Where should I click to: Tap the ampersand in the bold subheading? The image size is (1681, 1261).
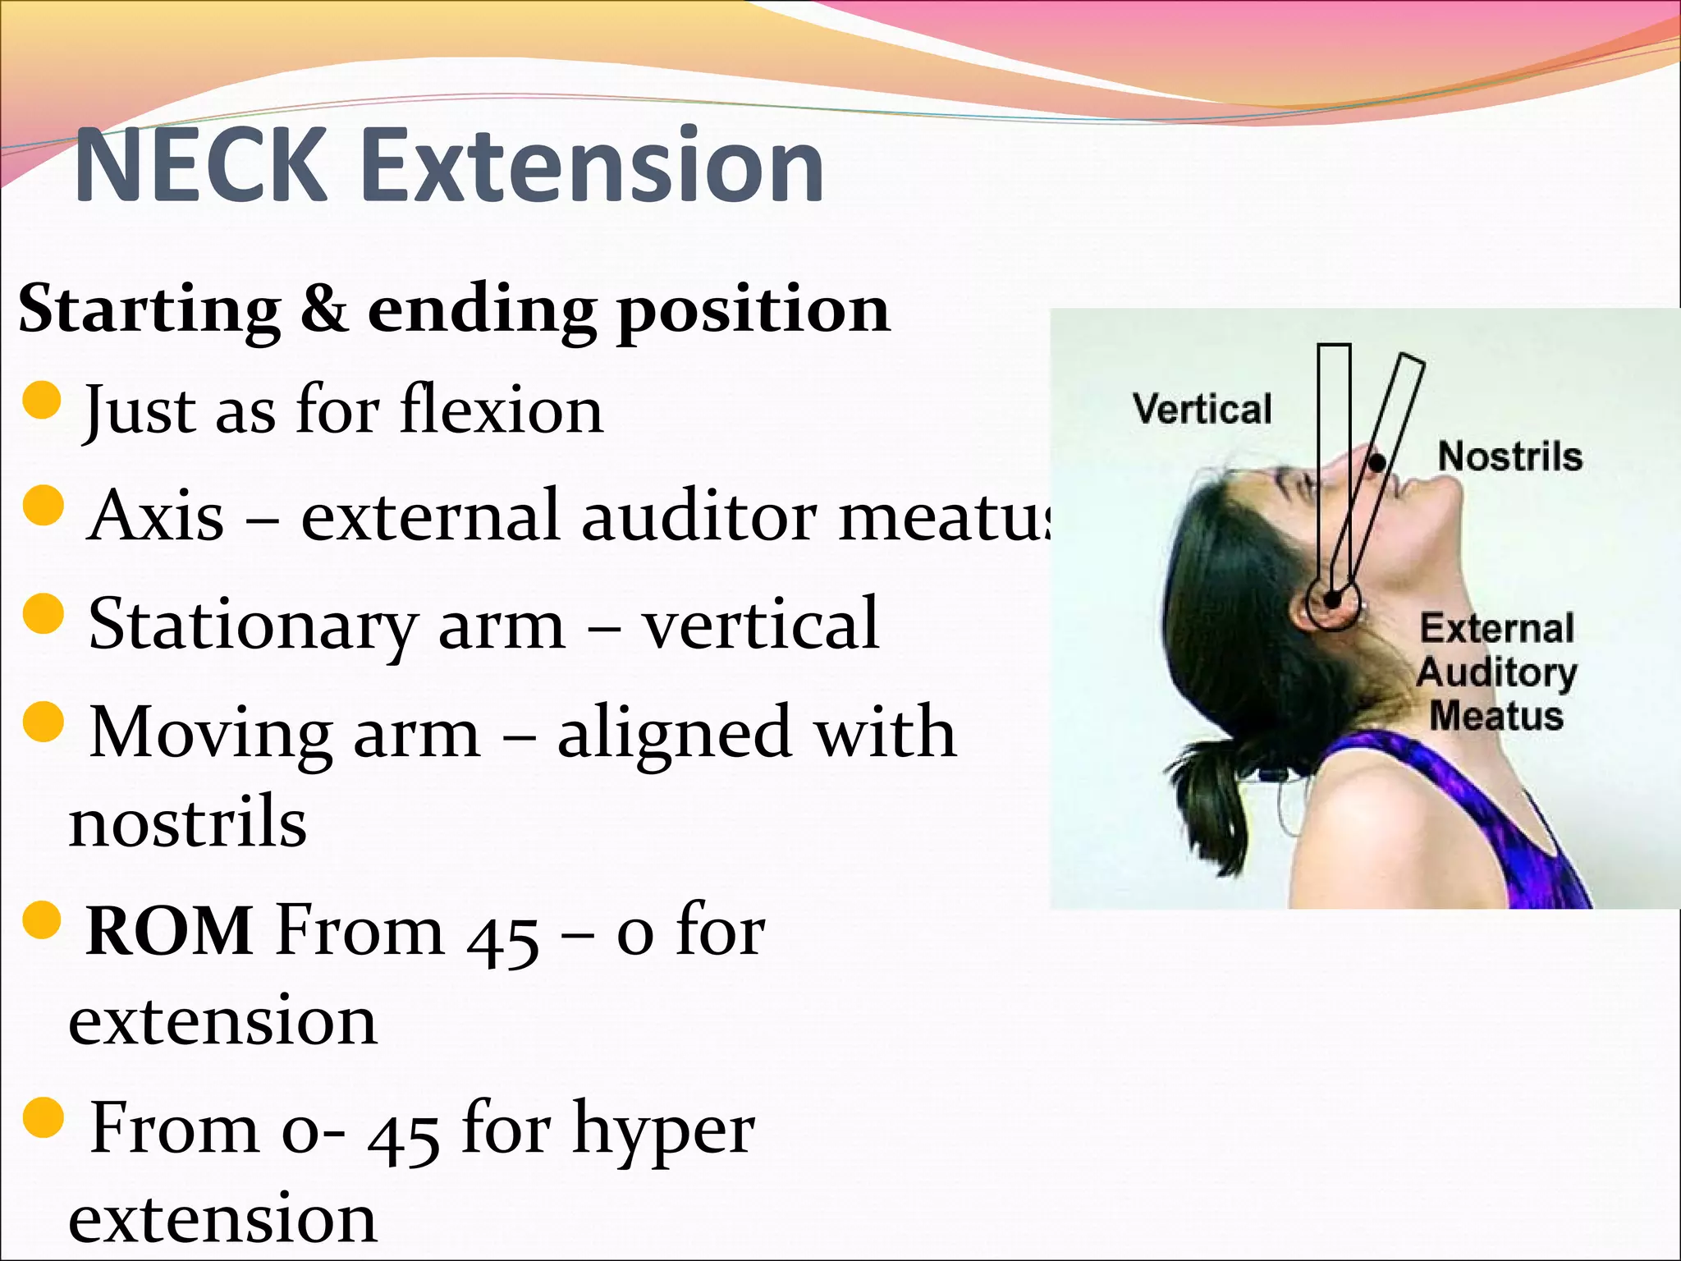click(x=323, y=310)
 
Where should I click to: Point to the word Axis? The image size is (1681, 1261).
click(x=155, y=516)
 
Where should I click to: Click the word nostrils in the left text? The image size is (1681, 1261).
click(x=188, y=823)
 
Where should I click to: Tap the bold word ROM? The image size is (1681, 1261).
click(x=169, y=931)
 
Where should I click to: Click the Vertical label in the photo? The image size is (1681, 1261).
click(x=1202, y=409)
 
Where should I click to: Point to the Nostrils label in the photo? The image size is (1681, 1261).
click(x=1509, y=456)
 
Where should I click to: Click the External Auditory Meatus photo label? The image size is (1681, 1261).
click(x=1496, y=672)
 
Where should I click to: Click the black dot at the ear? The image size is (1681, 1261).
click(x=1333, y=600)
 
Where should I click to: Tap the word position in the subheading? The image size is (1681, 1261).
click(x=753, y=310)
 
